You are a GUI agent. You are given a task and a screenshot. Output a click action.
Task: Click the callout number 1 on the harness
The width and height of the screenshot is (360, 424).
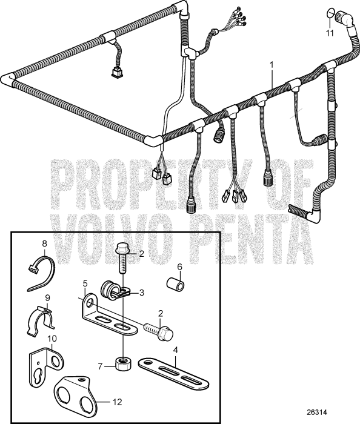point(272,64)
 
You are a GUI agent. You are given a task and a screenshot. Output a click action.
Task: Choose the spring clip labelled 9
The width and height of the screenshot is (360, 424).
point(42,317)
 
